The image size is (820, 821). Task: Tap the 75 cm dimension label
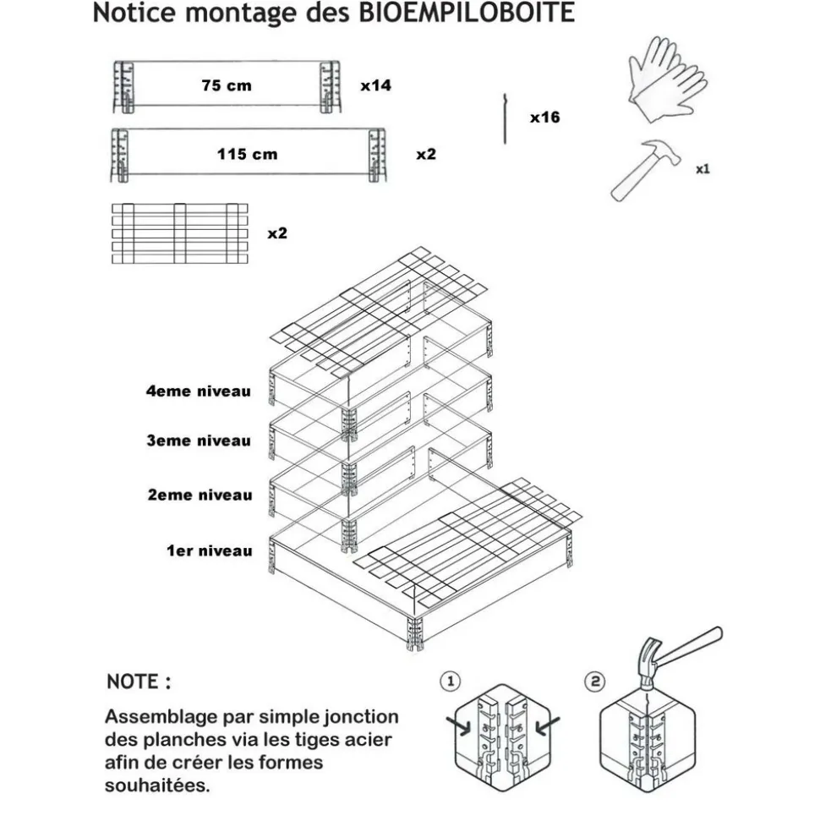(x=226, y=85)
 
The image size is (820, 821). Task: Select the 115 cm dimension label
(x=247, y=155)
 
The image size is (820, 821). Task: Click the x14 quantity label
(x=375, y=85)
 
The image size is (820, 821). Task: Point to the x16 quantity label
(x=544, y=118)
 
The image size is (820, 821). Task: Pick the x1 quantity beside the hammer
(x=702, y=169)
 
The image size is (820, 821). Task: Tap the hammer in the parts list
(x=647, y=167)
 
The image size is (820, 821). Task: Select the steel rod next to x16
(x=504, y=119)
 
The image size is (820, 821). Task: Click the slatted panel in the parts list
(x=179, y=233)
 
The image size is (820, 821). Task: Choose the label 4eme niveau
(x=198, y=391)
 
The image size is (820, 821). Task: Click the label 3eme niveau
(x=198, y=441)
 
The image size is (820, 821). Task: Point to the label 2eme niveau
(x=200, y=495)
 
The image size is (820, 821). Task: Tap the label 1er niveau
(x=209, y=551)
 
